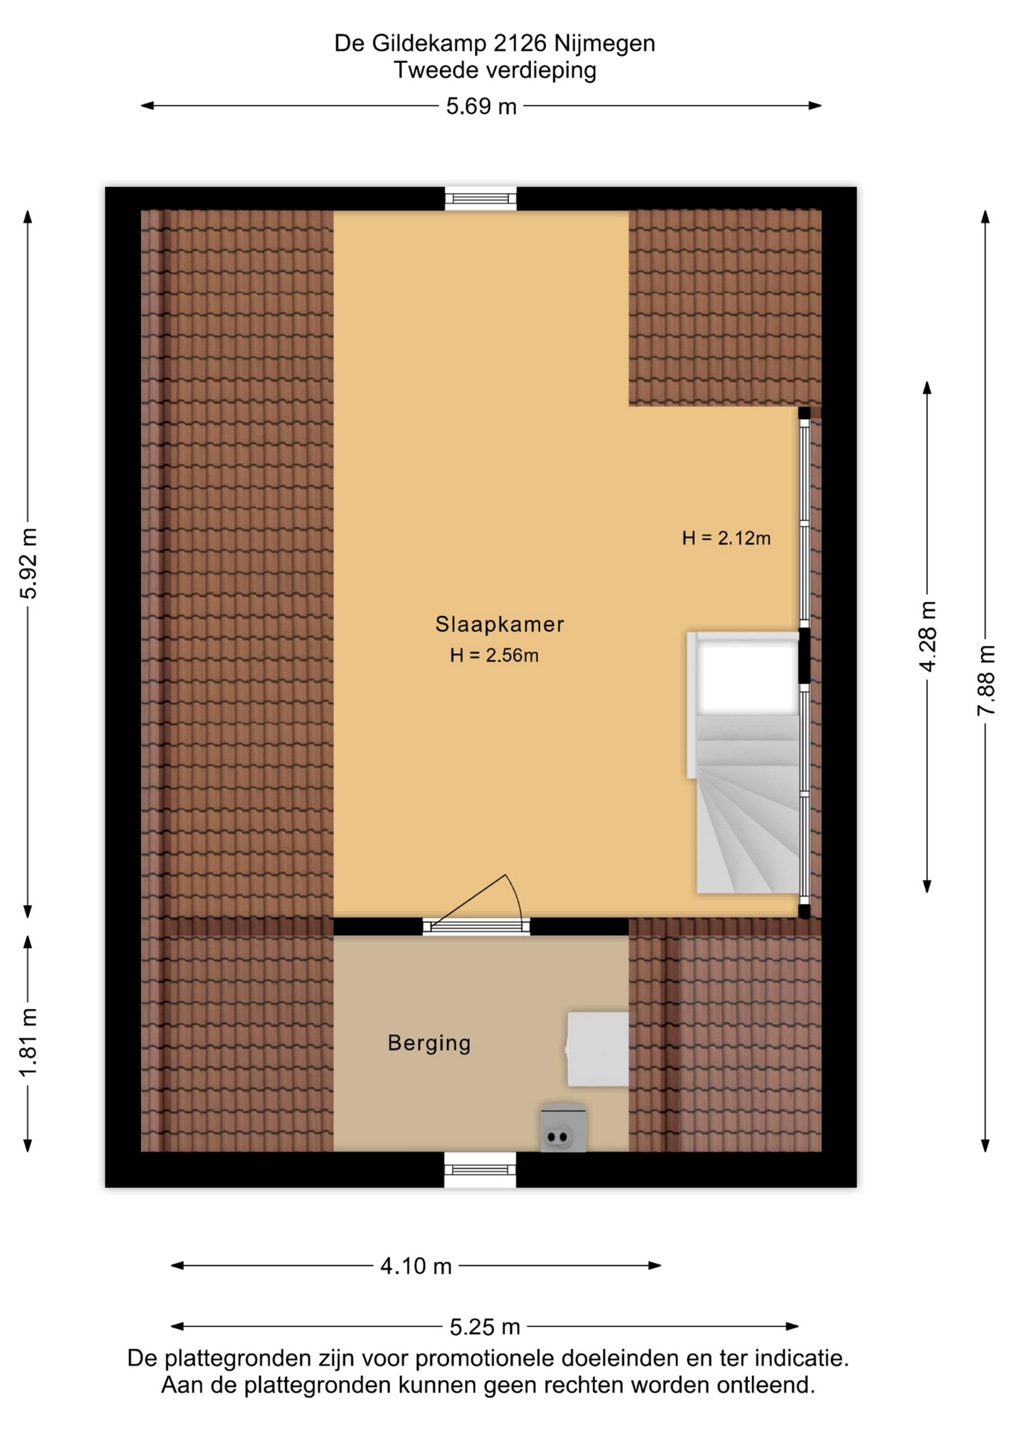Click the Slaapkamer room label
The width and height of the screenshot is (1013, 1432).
pos(499,624)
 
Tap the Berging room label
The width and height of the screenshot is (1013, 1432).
pos(429,1043)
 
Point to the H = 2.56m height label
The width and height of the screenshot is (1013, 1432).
pos(494,656)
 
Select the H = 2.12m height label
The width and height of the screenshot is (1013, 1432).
pos(726,538)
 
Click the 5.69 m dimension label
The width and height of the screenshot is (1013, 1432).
pos(481,106)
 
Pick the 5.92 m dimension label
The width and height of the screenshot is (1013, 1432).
pos(28,564)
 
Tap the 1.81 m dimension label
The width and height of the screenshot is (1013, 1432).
pos(28,1042)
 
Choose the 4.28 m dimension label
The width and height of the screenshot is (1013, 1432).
pos(927,636)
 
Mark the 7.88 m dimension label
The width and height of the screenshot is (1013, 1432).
pos(985,680)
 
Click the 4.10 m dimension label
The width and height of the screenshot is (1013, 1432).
pos(415,1266)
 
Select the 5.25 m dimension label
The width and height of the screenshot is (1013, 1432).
pos(485,1327)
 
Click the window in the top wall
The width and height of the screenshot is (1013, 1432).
pos(480,198)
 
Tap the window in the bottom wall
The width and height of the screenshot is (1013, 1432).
pos(480,1169)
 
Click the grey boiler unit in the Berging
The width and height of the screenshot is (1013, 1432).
pos(563,1128)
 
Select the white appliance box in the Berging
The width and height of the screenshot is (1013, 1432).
pos(598,1049)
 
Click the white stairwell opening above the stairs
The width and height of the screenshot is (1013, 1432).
pos(747,676)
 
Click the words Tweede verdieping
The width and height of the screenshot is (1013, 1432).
pos(495,71)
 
